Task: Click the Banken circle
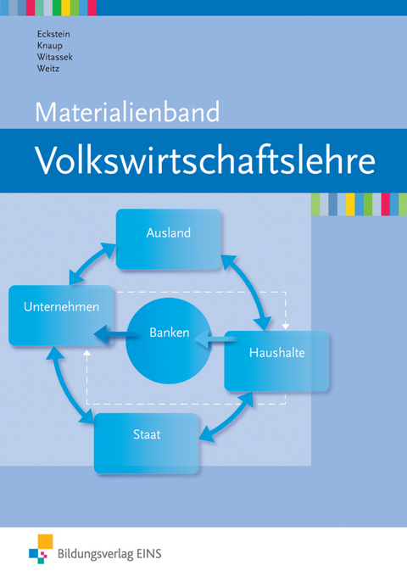169,333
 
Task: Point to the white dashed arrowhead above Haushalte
286,324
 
